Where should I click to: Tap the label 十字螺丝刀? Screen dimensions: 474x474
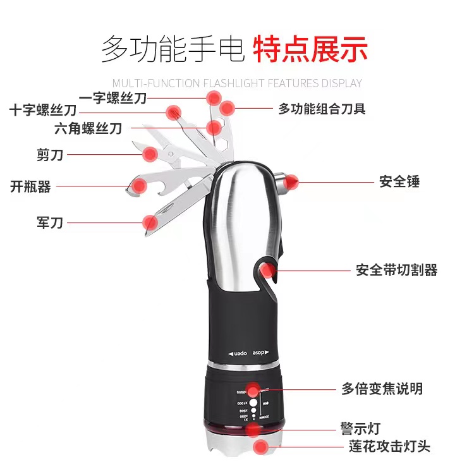pyautogui.click(x=43, y=111)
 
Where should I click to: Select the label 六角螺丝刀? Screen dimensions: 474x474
pyautogui.click(x=88, y=129)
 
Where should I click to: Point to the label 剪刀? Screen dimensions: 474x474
pyautogui.click(x=50, y=154)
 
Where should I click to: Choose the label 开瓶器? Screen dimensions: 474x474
pyautogui.click(x=30, y=186)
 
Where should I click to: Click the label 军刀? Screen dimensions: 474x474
pyautogui.click(x=50, y=222)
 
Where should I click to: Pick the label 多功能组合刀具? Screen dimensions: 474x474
pyautogui.click(x=322, y=109)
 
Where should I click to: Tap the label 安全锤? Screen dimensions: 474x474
pyautogui.click(x=399, y=182)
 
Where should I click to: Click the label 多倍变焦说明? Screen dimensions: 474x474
pyautogui.click(x=382, y=389)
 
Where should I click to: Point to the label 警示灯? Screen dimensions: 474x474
pyautogui.click(x=361, y=429)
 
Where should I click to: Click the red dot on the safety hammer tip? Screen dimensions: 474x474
pyautogui.click(x=291, y=183)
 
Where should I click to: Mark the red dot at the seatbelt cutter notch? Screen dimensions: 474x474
pyautogui.click(x=269, y=271)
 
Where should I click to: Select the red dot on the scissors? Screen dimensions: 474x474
pyautogui.click(x=150, y=154)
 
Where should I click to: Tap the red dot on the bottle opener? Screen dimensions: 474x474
pyautogui.click(x=137, y=186)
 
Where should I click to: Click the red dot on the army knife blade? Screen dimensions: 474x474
pyautogui.click(x=150, y=222)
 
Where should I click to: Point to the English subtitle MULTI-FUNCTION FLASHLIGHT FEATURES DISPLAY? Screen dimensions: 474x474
pyautogui.click(x=237, y=83)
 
